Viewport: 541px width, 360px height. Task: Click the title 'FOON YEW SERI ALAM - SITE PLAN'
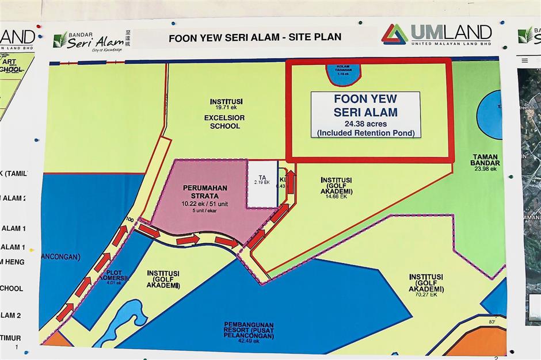pyautogui.click(x=254, y=37)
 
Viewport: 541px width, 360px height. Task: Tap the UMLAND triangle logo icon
pyautogui.click(x=394, y=34)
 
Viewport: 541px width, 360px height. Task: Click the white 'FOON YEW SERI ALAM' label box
pyautogui.click(x=365, y=114)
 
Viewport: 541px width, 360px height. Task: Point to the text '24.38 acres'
pyautogui.click(x=365, y=123)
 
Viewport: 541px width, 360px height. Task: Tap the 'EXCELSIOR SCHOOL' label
pyautogui.click(x=222, y=122)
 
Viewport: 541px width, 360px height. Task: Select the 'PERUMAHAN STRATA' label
pyautogui.click(x=205, y=192)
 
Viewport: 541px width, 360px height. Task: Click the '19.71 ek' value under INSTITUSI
pyautogui.click(x=221, y=108)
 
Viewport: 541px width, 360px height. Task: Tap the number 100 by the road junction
pyautogui.click(x=129, y=221)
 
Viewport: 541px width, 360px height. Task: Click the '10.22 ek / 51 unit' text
pyautogui.click(x=205, y=204)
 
